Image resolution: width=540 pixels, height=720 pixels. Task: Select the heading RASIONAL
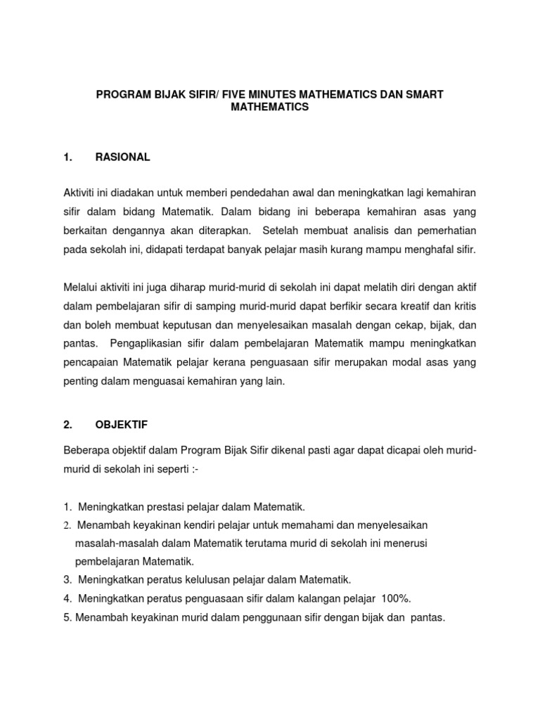coord(122,157)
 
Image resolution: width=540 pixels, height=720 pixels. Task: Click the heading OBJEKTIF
coord(121,425)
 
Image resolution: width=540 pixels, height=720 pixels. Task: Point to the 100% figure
coord(395,598)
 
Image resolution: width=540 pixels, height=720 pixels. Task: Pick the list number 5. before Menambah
coord(67,617)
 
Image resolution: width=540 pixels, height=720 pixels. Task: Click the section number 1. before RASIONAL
coord(67,157)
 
